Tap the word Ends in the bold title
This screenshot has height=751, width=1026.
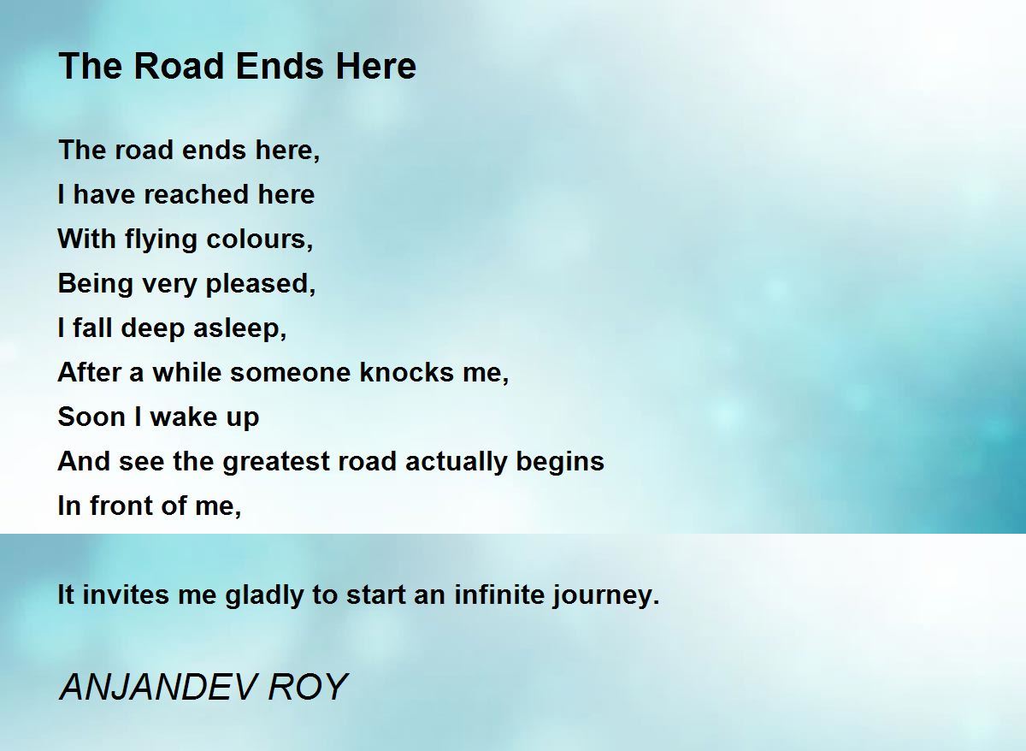(x=280, y=66)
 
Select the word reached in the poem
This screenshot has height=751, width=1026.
(x=197, y=194)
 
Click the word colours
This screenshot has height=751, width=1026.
(x=260, y=239)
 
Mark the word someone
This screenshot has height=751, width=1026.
(x=290, y=373)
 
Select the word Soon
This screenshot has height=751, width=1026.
(x=91, y=417)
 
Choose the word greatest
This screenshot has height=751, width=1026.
(x=275, y=463)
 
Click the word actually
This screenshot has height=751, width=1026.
(x=456, y=463)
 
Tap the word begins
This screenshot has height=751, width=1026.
(x=560, y=463)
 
